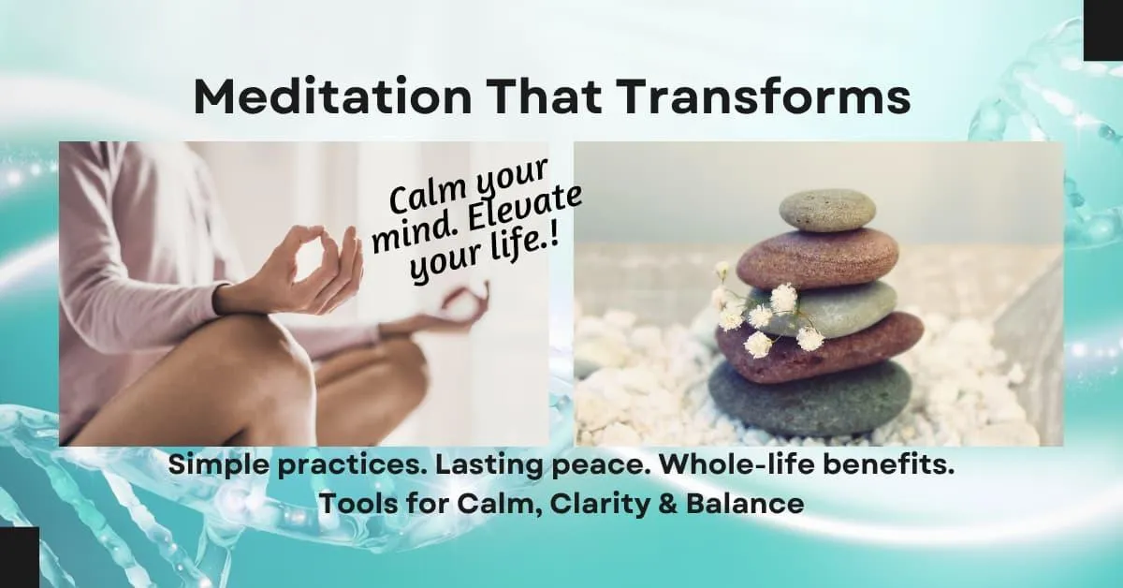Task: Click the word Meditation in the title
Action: pyautogui.click(x=332, y=96)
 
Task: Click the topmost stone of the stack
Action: pyautogui.click(x=827, y=210)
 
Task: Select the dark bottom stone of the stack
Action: pyautogui.click(x=809, y=399)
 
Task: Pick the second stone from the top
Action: pyautogui.click(x=817, y=257)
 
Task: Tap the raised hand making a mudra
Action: pyautogui.click(x=296, y=273)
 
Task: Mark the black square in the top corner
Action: pyautogui.click(x=1103, y=30)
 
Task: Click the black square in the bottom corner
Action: pyautogui.click(x=20, y=557)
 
